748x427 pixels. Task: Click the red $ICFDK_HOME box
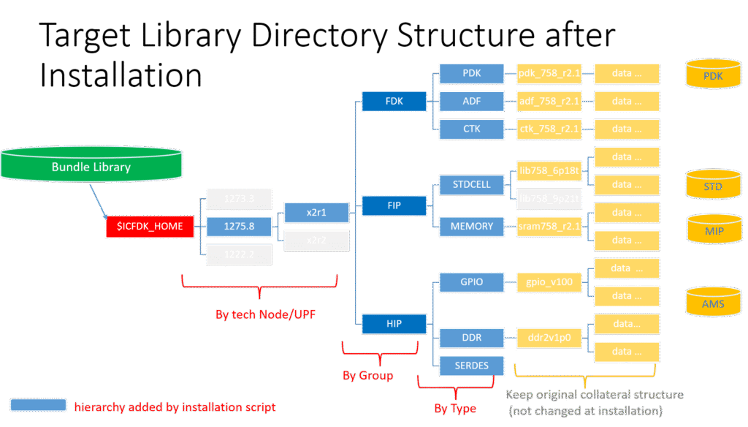[150, 227]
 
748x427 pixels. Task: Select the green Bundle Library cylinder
[91, 167]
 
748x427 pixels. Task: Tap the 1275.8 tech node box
[239, 227]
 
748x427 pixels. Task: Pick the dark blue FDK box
[394, 101]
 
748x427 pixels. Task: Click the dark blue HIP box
[394, 323]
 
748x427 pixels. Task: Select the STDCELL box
[472, 184]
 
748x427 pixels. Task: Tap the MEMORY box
[472, 227]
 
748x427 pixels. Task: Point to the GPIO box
[472, 281]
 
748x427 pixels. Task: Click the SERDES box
[472, 365]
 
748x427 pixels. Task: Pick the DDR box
[472, 337]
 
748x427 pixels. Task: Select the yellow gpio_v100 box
[549, 281]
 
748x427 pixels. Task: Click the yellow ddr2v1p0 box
[549, 337]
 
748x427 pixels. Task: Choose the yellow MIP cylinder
[713, 229]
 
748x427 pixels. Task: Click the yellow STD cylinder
[713, 186]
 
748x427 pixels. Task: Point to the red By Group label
[367, 376]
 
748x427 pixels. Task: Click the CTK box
[472, 129]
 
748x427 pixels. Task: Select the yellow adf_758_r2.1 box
[549, 101]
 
